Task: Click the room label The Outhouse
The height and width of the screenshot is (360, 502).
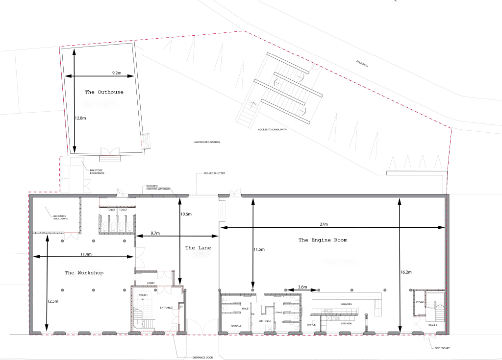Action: [x=104, y=92]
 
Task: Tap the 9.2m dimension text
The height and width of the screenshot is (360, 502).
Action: [x=117, y=72]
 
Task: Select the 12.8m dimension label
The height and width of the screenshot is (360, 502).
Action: [x=80, y=118]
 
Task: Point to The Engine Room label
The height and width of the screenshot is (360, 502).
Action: [x=323, y=240]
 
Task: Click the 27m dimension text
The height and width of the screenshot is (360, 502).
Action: [x=324, y=224]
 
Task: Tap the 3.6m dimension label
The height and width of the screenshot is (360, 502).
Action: [x=302, y=287]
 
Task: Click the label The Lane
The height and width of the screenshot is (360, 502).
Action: [x=198, y=248]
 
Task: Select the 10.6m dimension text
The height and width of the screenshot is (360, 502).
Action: [x=186, y=214]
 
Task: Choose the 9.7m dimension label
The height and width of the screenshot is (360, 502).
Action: [x=156, y=233]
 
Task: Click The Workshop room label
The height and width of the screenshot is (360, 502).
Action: [x=84, y=273]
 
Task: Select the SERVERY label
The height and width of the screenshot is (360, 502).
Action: [x=347, y=305]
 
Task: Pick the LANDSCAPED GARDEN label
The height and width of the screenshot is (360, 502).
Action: [x=206, y=142]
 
